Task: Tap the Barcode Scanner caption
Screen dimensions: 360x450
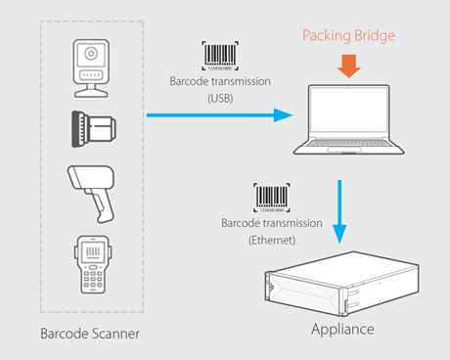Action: [x=89, y=335]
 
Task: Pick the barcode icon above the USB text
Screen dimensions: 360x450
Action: [x=219, y=55]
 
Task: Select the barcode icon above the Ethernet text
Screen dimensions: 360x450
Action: [x=271, y=198]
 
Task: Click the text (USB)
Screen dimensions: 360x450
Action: [x=219, y=98]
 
